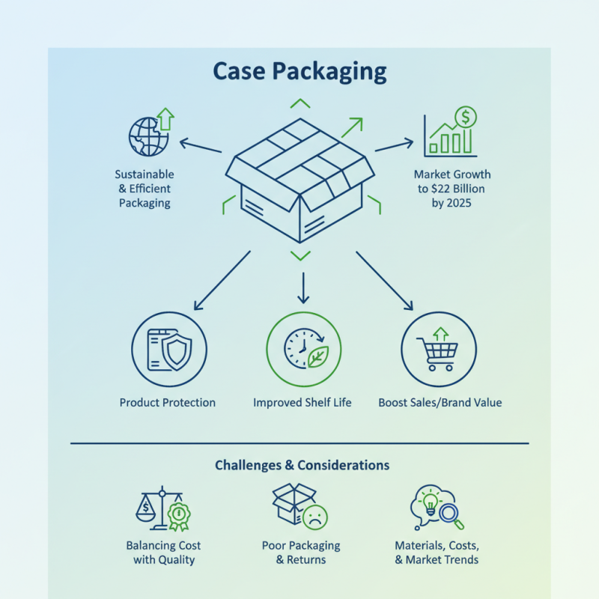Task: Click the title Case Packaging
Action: [x=299, y=71]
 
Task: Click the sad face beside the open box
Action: [x=315, y=516]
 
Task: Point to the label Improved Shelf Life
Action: [x=302, y=403]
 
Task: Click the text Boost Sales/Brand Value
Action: [x=440, y=403]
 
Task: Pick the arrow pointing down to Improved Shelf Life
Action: [x=302, y=288]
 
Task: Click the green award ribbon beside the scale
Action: [x=177, y=515]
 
